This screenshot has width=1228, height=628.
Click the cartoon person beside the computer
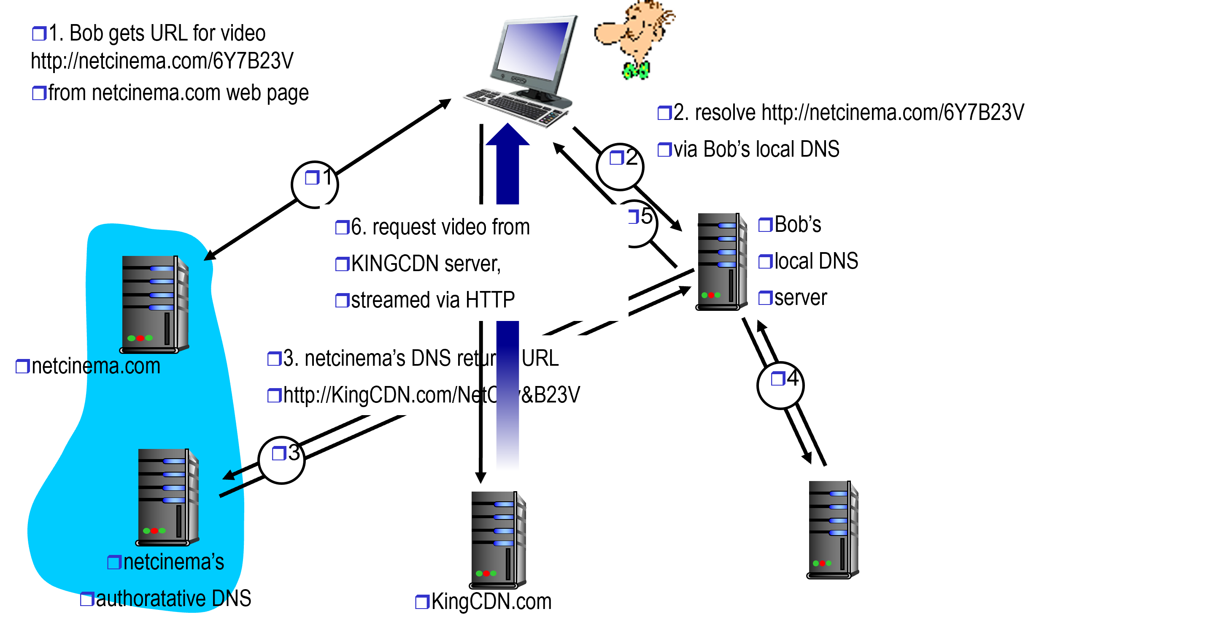[x=634, y=41]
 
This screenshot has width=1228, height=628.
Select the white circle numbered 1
[x=315, y=184]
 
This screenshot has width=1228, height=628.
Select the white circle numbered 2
[x=620, y=166]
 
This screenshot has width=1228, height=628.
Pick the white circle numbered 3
[x=281, y=460]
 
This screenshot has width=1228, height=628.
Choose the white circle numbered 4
[x=780, y=386]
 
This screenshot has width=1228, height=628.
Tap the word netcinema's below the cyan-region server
[x=173, y=562]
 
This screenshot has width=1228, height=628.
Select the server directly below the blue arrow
[x=498, y=539]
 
